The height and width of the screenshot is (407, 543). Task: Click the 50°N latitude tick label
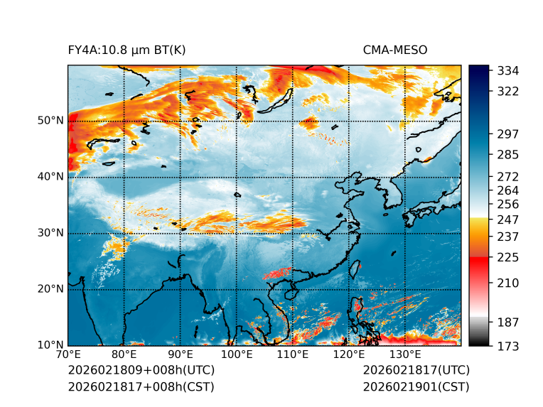pos(50,121)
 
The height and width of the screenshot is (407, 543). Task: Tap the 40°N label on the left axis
pos(50,177)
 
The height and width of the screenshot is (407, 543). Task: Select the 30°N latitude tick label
pos(50,233)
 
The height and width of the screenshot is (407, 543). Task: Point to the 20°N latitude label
pos(50,289)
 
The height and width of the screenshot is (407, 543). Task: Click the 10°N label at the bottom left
pos(50,345)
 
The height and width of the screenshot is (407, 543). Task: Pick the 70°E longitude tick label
pos(68,354)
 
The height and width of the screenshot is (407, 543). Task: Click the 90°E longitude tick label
pos(181,354)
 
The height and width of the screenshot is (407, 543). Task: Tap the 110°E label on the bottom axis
pos(292,354)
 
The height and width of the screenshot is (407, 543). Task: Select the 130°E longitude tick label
pos(404,354)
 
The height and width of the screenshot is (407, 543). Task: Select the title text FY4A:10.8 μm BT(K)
pos(127,50)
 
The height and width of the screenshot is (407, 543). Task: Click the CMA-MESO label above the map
pos(394,50)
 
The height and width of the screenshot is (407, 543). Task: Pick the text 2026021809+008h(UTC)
pos(141,370)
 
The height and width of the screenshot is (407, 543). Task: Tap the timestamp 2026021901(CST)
pos(416,386)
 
